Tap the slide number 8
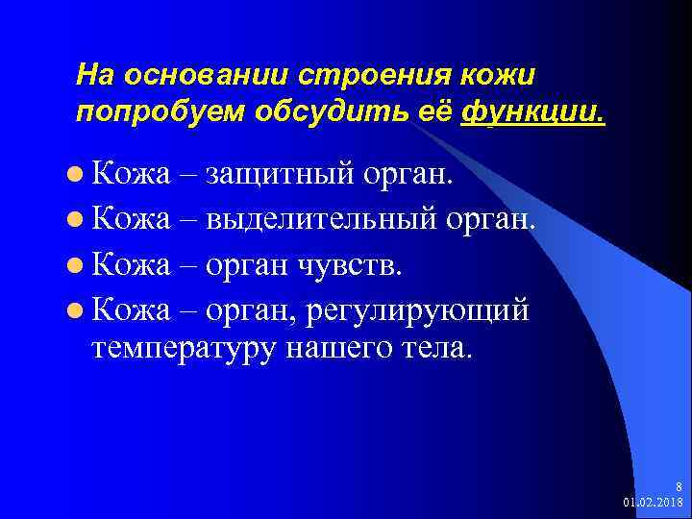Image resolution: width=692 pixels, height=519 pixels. click(680, 487)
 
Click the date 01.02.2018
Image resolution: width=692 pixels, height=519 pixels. click(654, 502)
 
